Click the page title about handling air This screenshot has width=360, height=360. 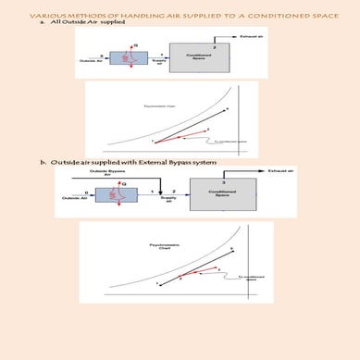click(x=180, y=16)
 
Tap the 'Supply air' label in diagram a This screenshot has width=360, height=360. click(x=158, y=63)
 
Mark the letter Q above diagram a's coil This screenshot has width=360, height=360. click(x=137, y=43)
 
